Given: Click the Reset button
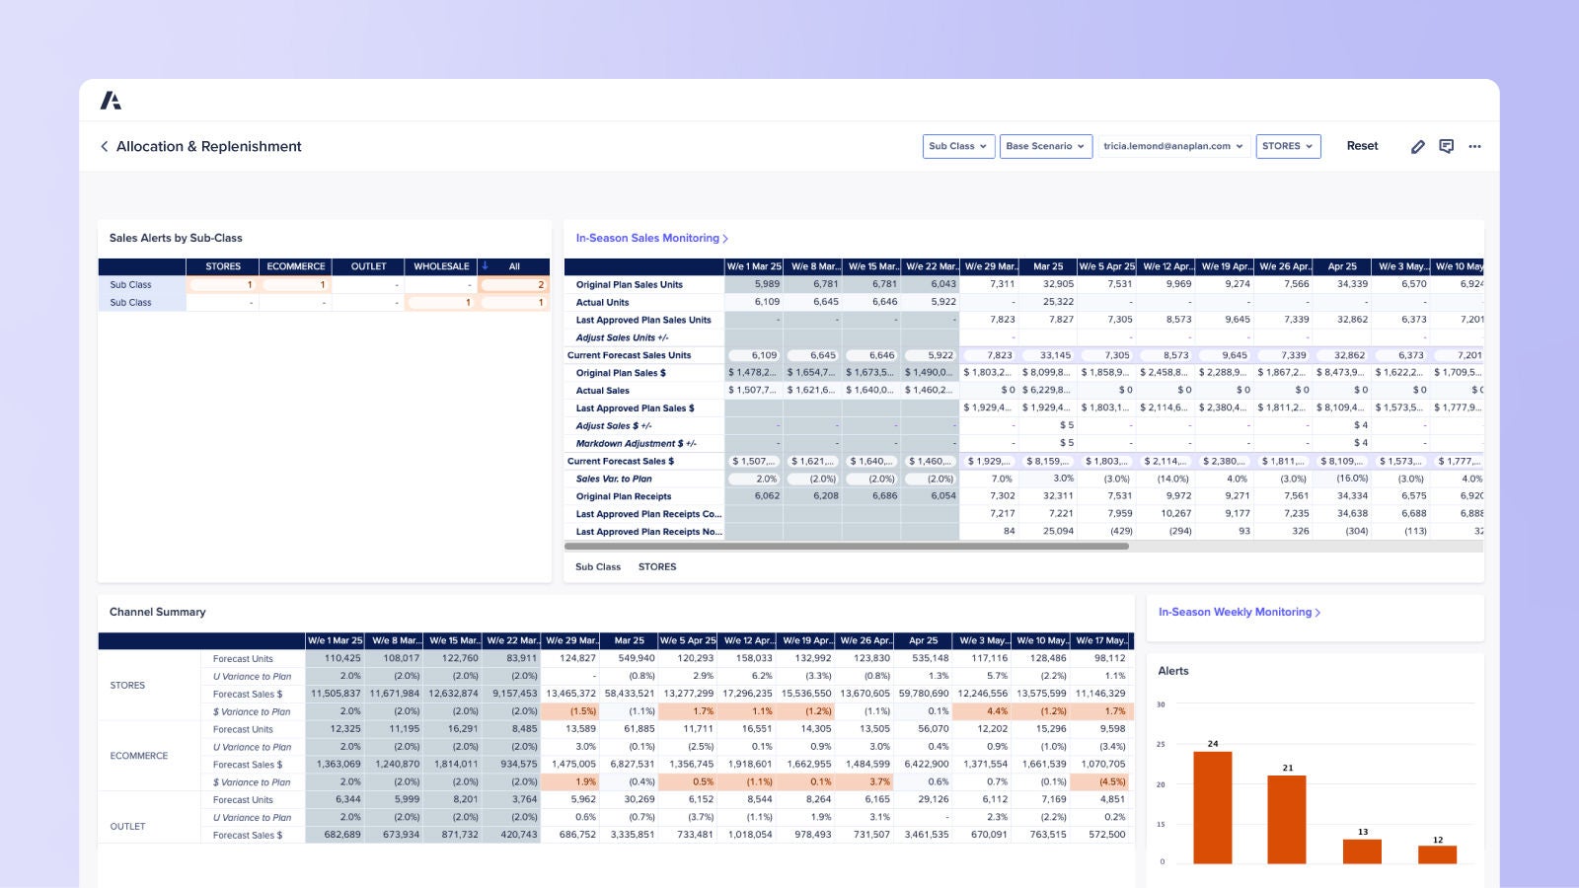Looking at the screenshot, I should point(1362,146).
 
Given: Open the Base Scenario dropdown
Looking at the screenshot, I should point(1045,146).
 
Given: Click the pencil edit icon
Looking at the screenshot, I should point(1417,146).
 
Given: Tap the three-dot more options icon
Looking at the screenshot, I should point(1474,146).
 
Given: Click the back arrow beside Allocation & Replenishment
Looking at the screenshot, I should point(105,146).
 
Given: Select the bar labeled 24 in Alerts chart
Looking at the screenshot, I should point(1212,807).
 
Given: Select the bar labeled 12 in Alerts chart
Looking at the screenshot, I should point(1437,853).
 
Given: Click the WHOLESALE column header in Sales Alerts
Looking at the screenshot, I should point(441,266).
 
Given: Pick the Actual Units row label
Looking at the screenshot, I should point(602,302).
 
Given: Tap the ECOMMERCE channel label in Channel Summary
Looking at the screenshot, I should point(139,756).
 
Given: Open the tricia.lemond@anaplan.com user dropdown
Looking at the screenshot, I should point(1172,146).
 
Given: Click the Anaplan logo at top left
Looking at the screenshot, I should point(111,101).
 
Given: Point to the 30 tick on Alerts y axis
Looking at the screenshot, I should point(1161,704).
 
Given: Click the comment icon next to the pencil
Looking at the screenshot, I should point(1446,146).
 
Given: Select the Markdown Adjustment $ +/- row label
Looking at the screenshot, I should point(636,443).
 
